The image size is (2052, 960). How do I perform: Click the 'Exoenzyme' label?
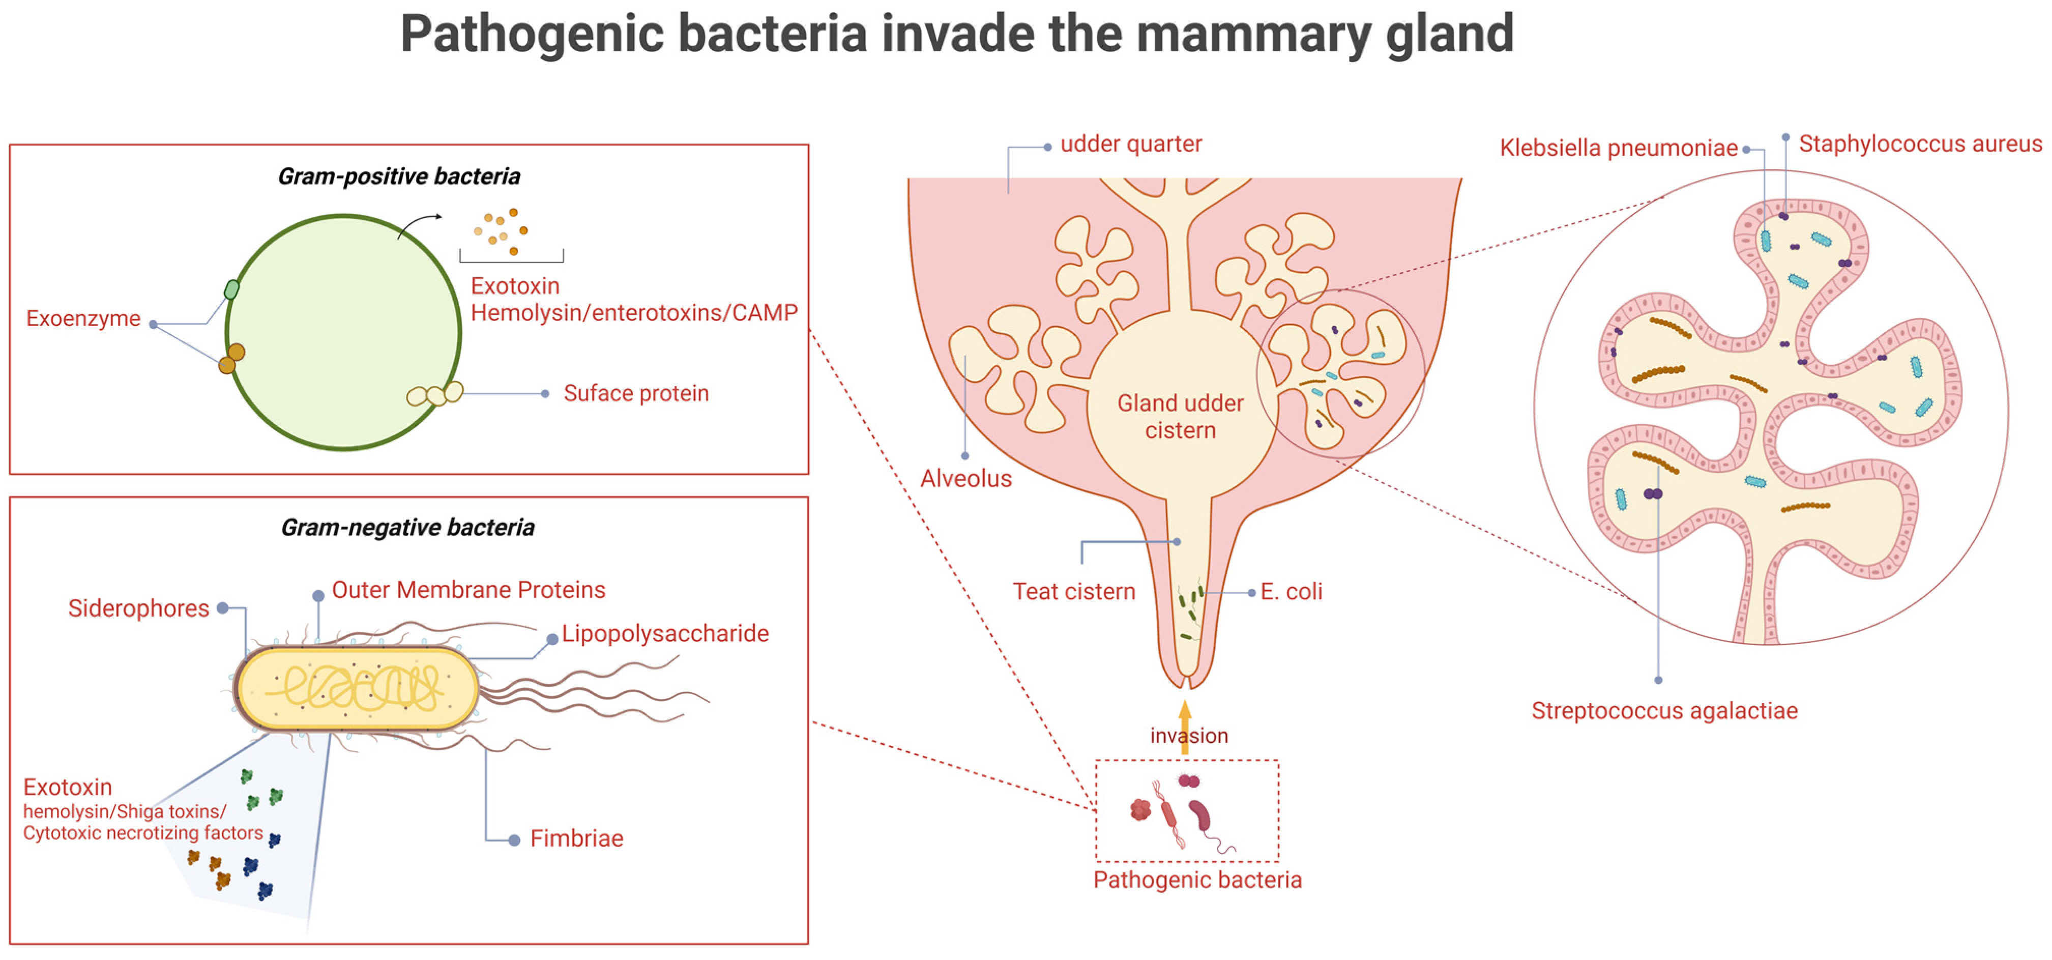point(83,318)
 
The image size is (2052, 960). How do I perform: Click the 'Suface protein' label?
point(636,394)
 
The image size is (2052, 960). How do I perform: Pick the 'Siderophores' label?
point(138,608)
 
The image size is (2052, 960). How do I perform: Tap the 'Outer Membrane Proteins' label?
point(468,590)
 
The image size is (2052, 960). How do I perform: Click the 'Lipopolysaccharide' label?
point(665,633)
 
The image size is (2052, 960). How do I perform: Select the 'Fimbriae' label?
point(577,839)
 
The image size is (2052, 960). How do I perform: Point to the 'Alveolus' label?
point(965,479)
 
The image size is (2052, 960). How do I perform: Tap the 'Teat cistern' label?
point(1074,592)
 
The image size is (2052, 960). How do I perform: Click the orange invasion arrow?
point(1185,721)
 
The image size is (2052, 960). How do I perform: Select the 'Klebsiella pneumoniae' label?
point(1618,148)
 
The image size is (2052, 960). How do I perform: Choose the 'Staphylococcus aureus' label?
point(1920,144)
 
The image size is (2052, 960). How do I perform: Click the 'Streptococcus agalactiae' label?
point(1664,711)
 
